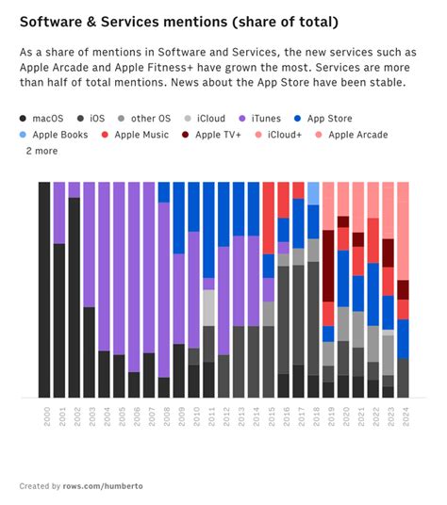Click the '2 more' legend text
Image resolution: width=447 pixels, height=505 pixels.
[41, 151]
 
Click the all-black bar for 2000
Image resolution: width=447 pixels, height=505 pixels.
[44, 289]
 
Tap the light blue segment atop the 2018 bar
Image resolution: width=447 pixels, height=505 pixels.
[313, 193]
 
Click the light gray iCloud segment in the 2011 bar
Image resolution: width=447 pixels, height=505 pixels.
[208, 307]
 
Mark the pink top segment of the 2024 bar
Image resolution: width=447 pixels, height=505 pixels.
[403, 231]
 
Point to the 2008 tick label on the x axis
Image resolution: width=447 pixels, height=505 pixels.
[164, 415]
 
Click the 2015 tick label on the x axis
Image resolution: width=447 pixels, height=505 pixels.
[269, 415]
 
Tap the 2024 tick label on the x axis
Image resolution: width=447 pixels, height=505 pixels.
[404, 415]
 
